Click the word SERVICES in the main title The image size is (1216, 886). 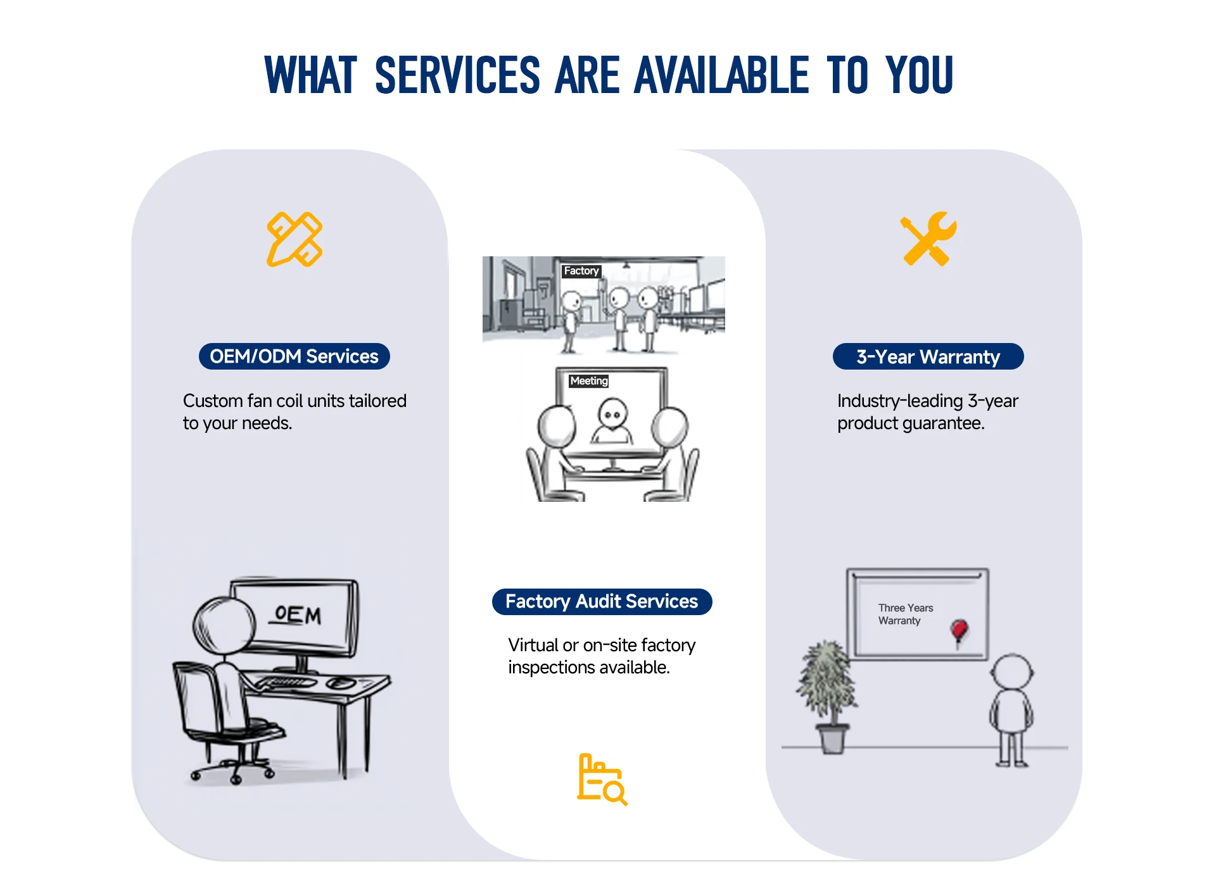[x=457, y=75]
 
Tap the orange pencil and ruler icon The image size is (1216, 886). [x=294, y=239]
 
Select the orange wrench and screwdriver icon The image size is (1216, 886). [x=928, y=239]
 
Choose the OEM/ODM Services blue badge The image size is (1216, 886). [x=294, y=356]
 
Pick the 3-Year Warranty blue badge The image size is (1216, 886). [x=928, y=357]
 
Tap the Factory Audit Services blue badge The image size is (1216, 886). [x=602, y=601]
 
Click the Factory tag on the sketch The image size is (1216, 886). [x=581, y=271]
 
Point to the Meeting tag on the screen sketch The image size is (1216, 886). [x=588, y=381]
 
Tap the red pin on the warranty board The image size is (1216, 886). [x=959, y=630]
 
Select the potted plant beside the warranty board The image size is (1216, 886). [x=828, y=696]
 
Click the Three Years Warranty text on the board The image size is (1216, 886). [x=905, y=614]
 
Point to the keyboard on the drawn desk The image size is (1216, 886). [x=285, y=683]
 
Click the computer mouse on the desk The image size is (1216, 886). [x=340, y=683]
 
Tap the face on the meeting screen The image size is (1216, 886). [x=612, y=416]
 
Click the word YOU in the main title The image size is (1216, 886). [x=919, y=75]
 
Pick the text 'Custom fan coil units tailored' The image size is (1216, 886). [x=294, y=401]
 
